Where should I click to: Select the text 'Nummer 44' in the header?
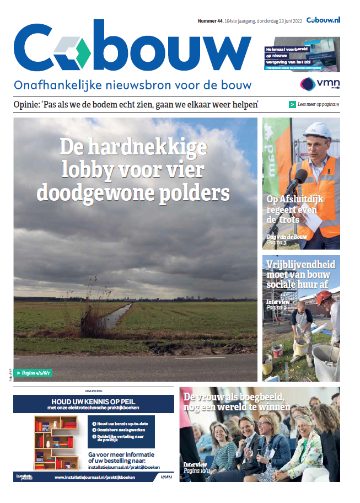210,21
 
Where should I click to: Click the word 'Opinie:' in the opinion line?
28,105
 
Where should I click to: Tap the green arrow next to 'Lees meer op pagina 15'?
292,104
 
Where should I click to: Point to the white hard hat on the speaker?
316,131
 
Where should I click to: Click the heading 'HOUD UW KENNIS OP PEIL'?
93,401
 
